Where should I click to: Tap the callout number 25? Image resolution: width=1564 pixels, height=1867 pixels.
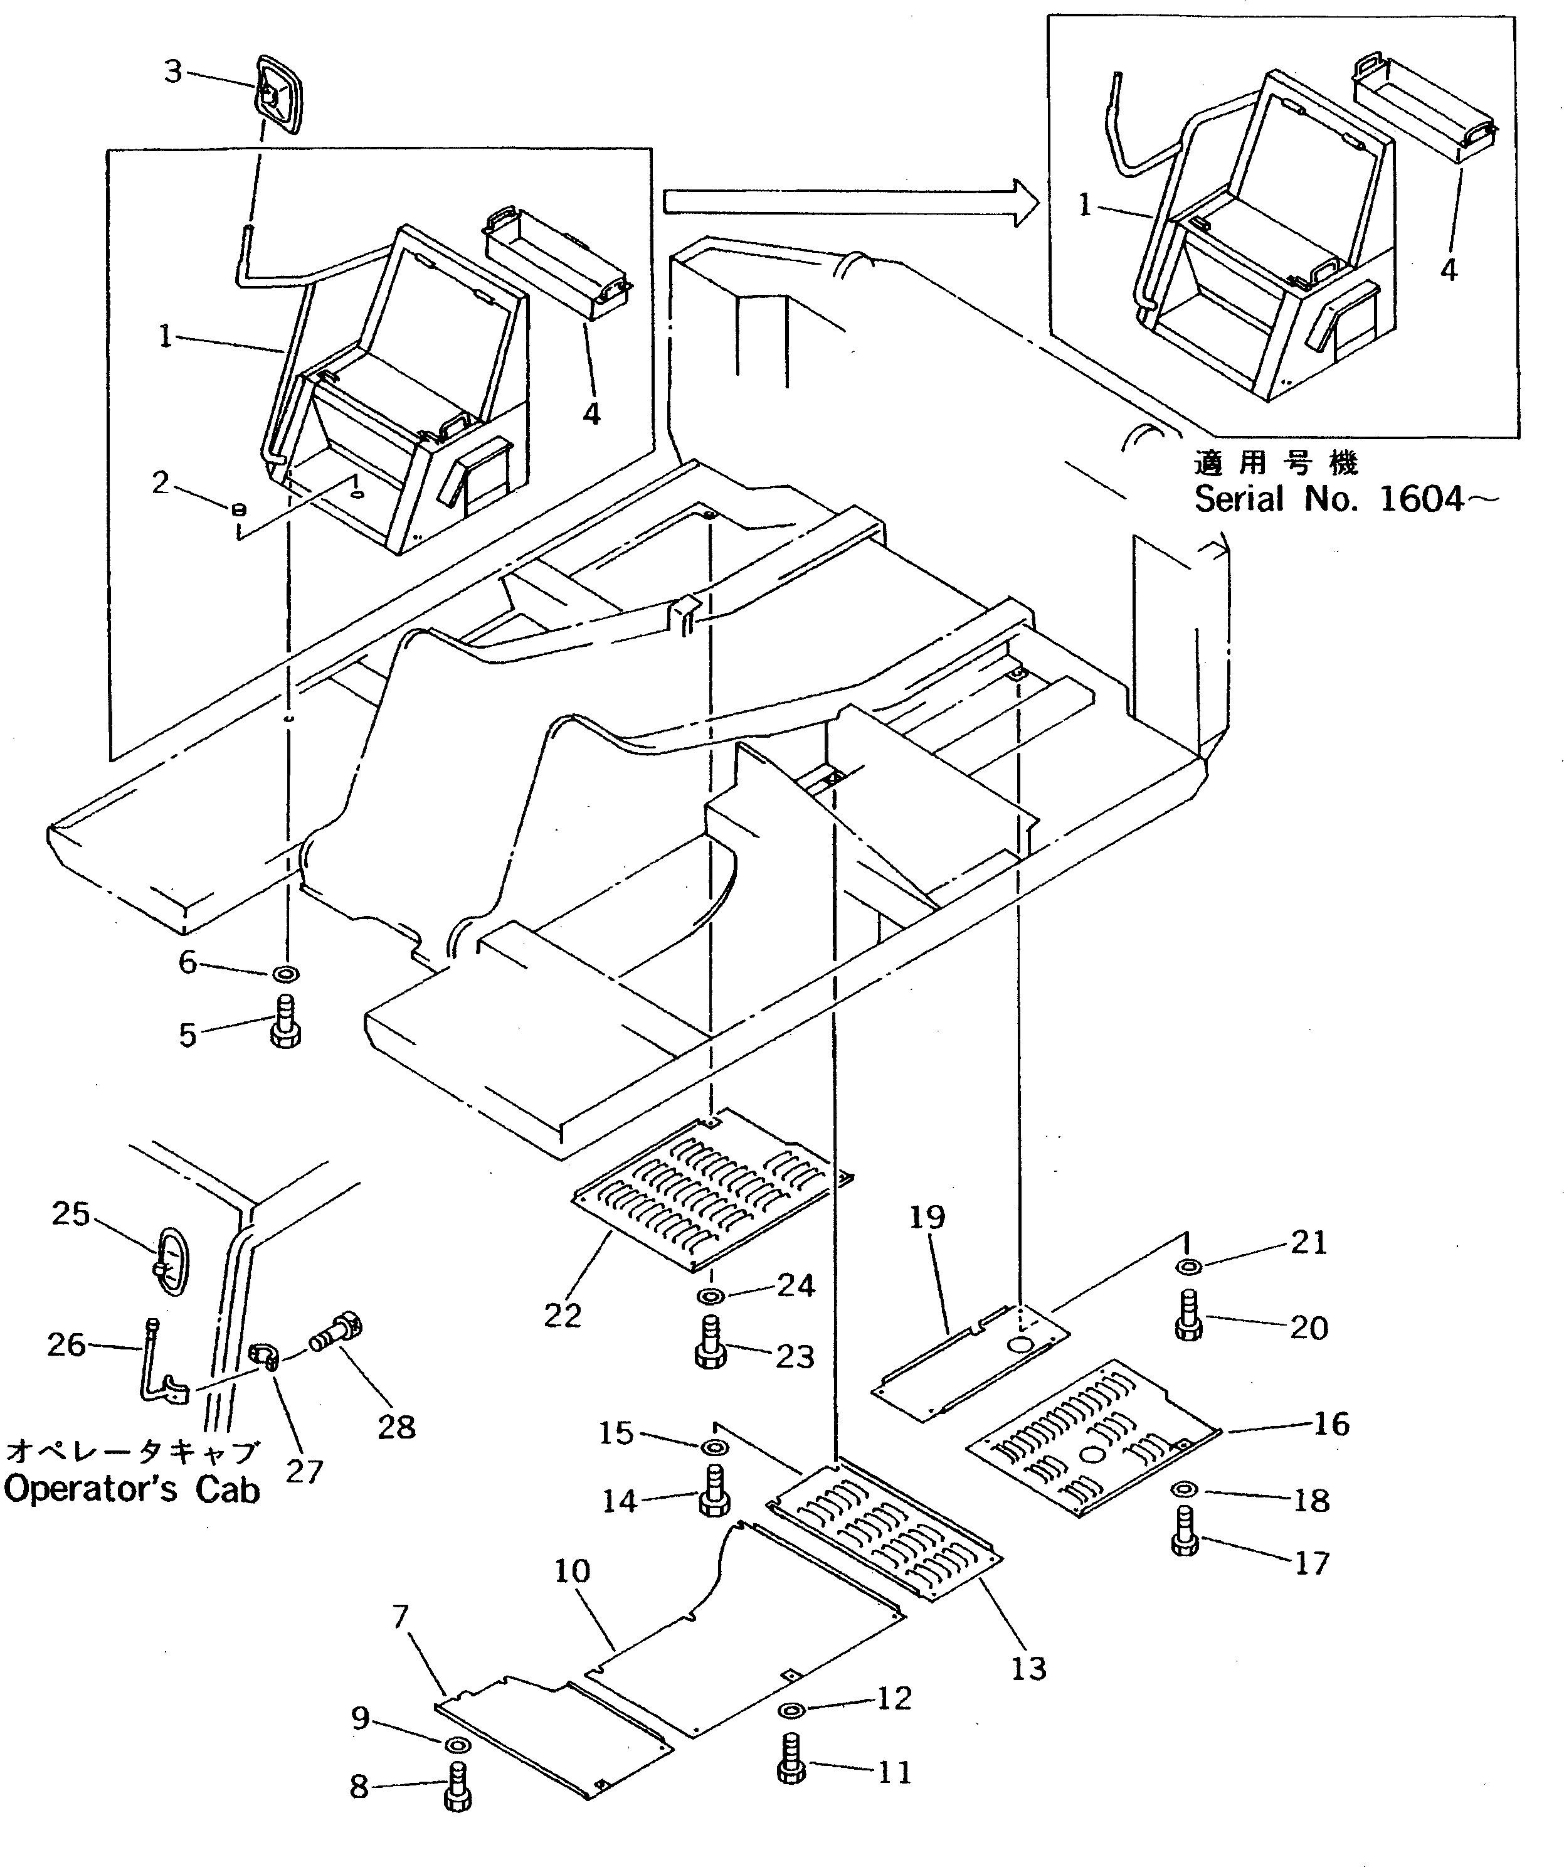71,1213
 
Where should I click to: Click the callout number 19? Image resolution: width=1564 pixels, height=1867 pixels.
927,1217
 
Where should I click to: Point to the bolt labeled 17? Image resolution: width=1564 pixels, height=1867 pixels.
1185,1535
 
